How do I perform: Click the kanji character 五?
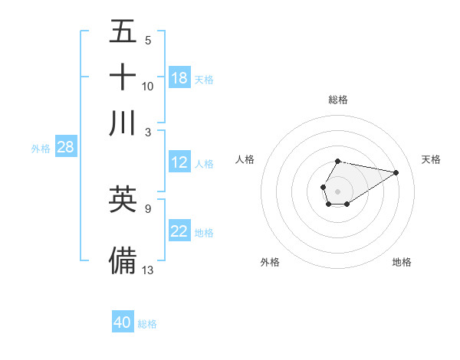pyautogui.click(x=123, y=32)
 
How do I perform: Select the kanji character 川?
pyautogui.click(x=123, y=123)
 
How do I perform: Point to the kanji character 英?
pyautogui.click(x=123, y=200)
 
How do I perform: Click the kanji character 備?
pyautogui.click(x=123, y=260)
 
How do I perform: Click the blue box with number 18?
pyautogui.click(x=179, y=78)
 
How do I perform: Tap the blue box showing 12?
pyautogui.click(x=179, y=162)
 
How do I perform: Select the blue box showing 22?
pyautogui.click(x=179, y=231)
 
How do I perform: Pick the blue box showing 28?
pyautogui.click(x=65, y=147)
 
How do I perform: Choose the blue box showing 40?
pyautogui.click(x=123, y=322)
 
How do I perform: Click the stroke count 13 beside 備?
pyautogui.click(x=148, y=269)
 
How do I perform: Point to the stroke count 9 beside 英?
pyautogui.click(x=147, y=208)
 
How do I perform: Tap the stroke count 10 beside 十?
pyautogui.click(x=148, y=86)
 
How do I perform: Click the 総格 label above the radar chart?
pyautogui.click(x=338, y=100)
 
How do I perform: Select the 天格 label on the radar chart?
pyautogui.click(x=432, y=159)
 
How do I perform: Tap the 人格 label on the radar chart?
pyautogui.click(x=245, y=159)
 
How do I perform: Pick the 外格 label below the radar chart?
pyautogui.click(x=270, y=262)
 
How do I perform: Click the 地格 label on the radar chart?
pyautogui.click(x=402, y=262)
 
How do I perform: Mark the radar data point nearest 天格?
pyautogui.click(x=396, y=172)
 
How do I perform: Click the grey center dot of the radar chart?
pyautogui.click(x=337, y=190)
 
